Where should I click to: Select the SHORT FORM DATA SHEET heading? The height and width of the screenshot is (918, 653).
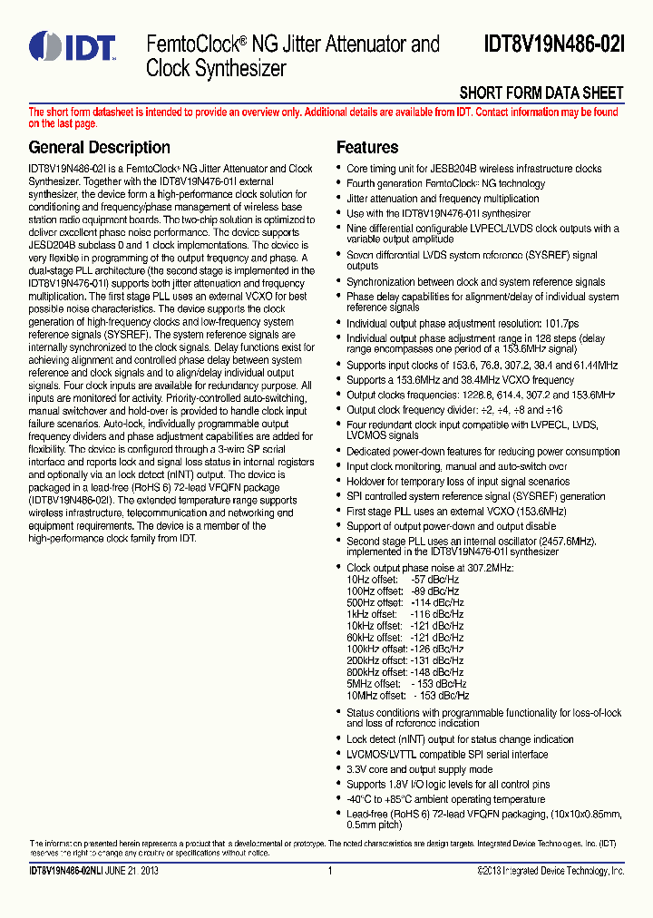point(541,93)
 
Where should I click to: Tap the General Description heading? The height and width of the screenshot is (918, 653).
point(99,147)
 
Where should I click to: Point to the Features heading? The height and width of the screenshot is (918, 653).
point(367,147)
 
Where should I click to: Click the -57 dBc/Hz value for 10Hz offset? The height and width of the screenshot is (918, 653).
point(434,579)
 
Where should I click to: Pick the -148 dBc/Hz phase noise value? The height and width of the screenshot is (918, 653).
point(434,672)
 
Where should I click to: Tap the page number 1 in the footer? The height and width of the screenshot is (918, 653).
point(330,872)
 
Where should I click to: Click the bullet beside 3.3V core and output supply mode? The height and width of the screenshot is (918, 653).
point(339,770)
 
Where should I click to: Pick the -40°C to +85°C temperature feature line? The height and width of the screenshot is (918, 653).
point(445,799)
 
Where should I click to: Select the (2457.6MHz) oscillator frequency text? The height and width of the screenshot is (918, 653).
point(561,541)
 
